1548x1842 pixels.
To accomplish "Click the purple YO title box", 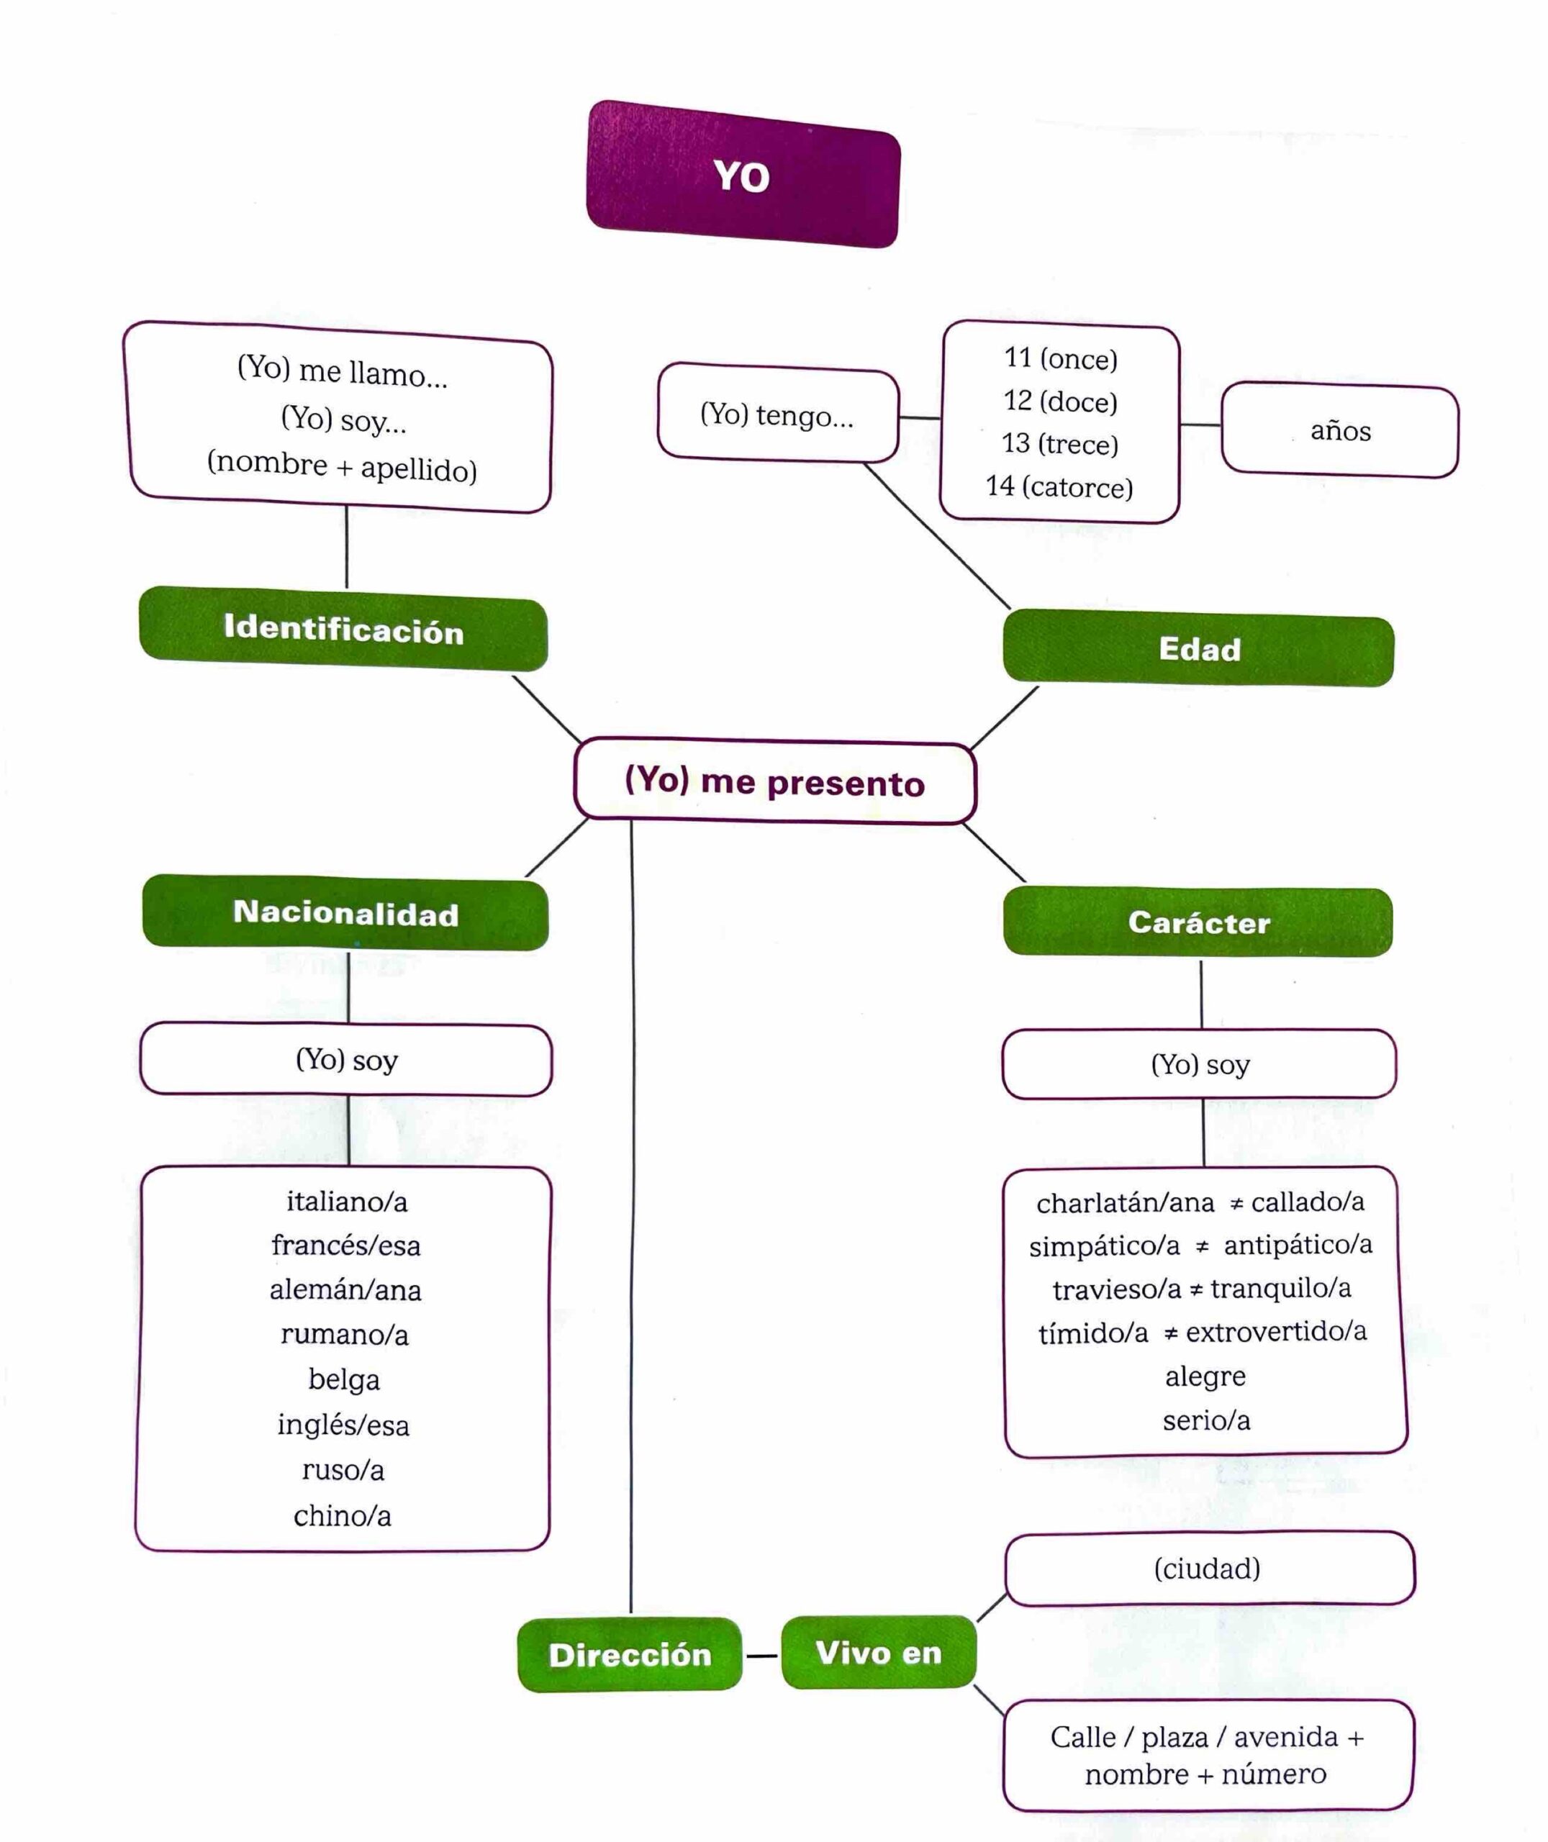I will point(743,175).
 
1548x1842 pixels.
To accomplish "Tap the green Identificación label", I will point(343,629).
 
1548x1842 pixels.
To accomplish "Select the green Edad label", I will point(1199,649).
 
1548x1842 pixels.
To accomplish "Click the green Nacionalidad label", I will point(345,913).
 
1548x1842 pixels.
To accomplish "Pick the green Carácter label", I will point(1199,922).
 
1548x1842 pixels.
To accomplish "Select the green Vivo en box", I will point(879,1653).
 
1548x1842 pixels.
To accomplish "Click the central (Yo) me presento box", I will point(775,781).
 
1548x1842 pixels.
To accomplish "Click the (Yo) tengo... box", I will point(777,414).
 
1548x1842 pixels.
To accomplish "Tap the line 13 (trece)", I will point(1060,444).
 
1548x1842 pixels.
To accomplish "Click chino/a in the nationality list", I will point(343,1516).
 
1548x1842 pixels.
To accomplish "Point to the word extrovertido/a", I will point(1276,1332).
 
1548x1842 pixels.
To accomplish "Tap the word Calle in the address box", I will point(1083,1737).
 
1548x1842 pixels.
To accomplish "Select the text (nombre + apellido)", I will point(343,466).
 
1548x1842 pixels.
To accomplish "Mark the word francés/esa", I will point(345,1246).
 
